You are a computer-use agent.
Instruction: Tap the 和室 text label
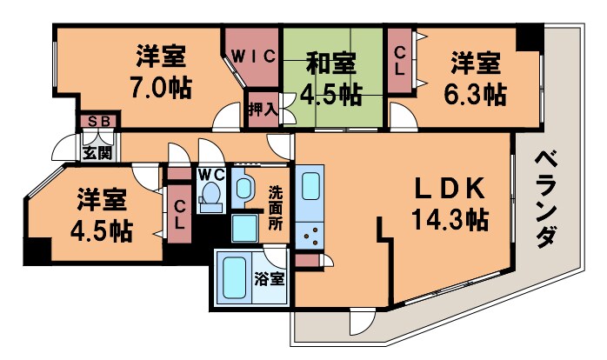point(331,63)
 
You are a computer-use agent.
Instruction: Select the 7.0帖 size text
point(158,88)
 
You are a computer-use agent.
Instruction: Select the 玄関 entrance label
point(97,154)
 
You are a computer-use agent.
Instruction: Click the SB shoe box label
point(97,123)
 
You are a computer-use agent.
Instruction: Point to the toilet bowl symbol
point(210,201)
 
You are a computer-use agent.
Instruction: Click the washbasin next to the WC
point(242,187)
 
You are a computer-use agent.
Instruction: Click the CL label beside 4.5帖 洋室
point(178,214)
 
